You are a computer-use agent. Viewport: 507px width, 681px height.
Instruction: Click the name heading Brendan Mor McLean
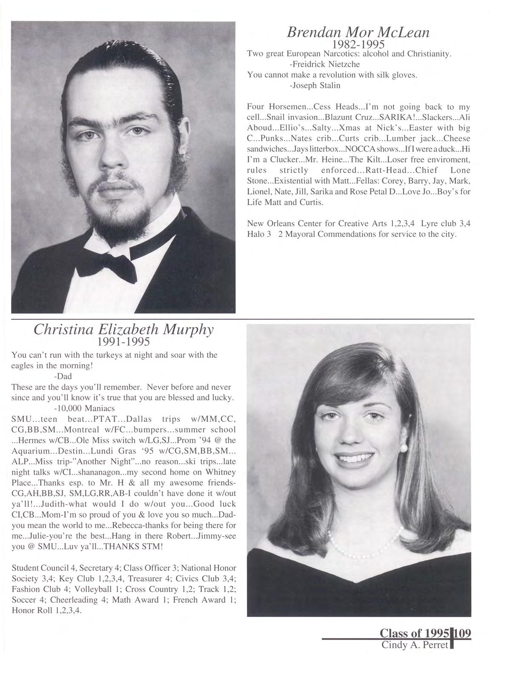(358, 32)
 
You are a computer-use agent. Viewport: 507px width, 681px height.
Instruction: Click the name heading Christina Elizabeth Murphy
(123, 330)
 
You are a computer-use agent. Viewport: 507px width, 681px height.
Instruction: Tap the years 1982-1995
(358, 45)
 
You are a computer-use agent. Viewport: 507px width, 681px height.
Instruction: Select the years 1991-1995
(123, 342)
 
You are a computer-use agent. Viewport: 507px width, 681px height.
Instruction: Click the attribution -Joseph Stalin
(315, 85)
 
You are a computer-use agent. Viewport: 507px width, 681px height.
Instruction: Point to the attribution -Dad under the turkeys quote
(63, 376)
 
